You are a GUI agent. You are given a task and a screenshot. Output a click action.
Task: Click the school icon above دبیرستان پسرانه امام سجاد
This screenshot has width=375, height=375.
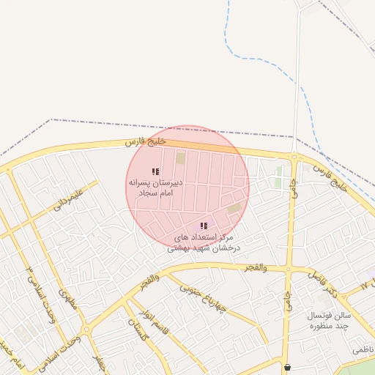coord(155,171)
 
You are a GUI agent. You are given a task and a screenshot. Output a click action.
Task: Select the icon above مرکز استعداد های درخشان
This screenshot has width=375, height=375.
coord(204,226)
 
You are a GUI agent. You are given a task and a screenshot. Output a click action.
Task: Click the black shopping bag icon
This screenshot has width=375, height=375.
coord(286,368)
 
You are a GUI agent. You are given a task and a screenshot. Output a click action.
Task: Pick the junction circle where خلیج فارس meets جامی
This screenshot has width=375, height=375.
coord(294,157)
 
